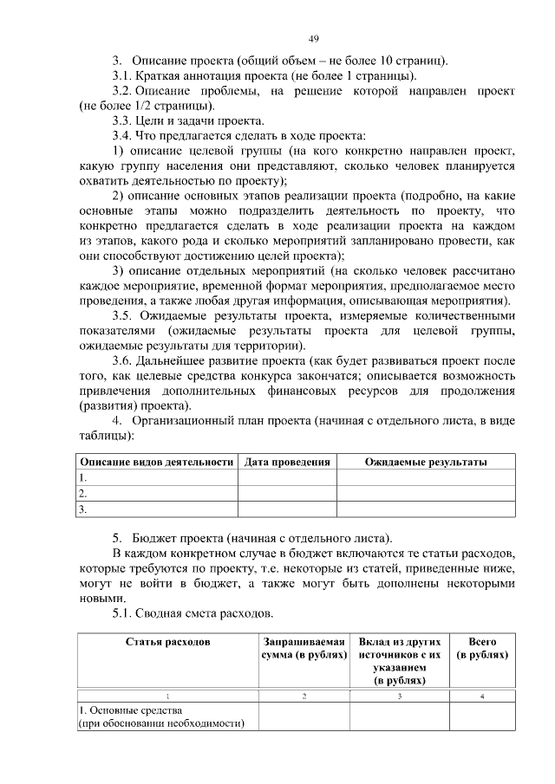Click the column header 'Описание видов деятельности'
click(x=157, y=462)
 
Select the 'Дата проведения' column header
click(x=287, y=462)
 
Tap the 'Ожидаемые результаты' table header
click(x=425, y=462)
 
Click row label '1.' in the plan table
click(x=83, y=477)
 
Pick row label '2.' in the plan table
click(x=83, y=494)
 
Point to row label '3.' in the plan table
click(x=83, y=510)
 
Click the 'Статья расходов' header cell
click(x=167, y=642)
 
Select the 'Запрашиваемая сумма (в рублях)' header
click(x=304, y=648)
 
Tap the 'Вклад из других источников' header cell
click(x=399, y=655)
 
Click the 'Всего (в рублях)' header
click(x=481, y=648)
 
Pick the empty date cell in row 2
click(x=287, y=494)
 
